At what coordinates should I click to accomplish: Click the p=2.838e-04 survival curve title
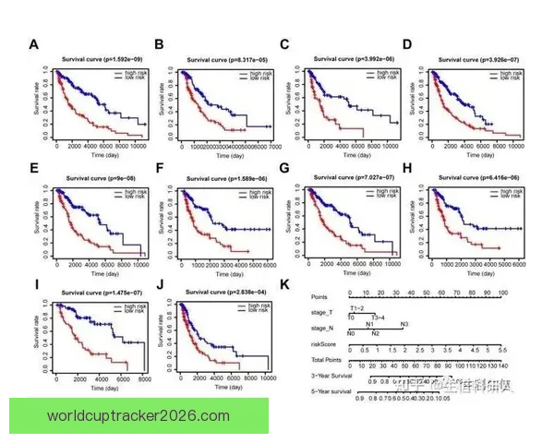(x=225, y=293)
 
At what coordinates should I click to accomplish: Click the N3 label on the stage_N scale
(x=403, y=325)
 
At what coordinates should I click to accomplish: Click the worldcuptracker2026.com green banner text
(x=138, y=415)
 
